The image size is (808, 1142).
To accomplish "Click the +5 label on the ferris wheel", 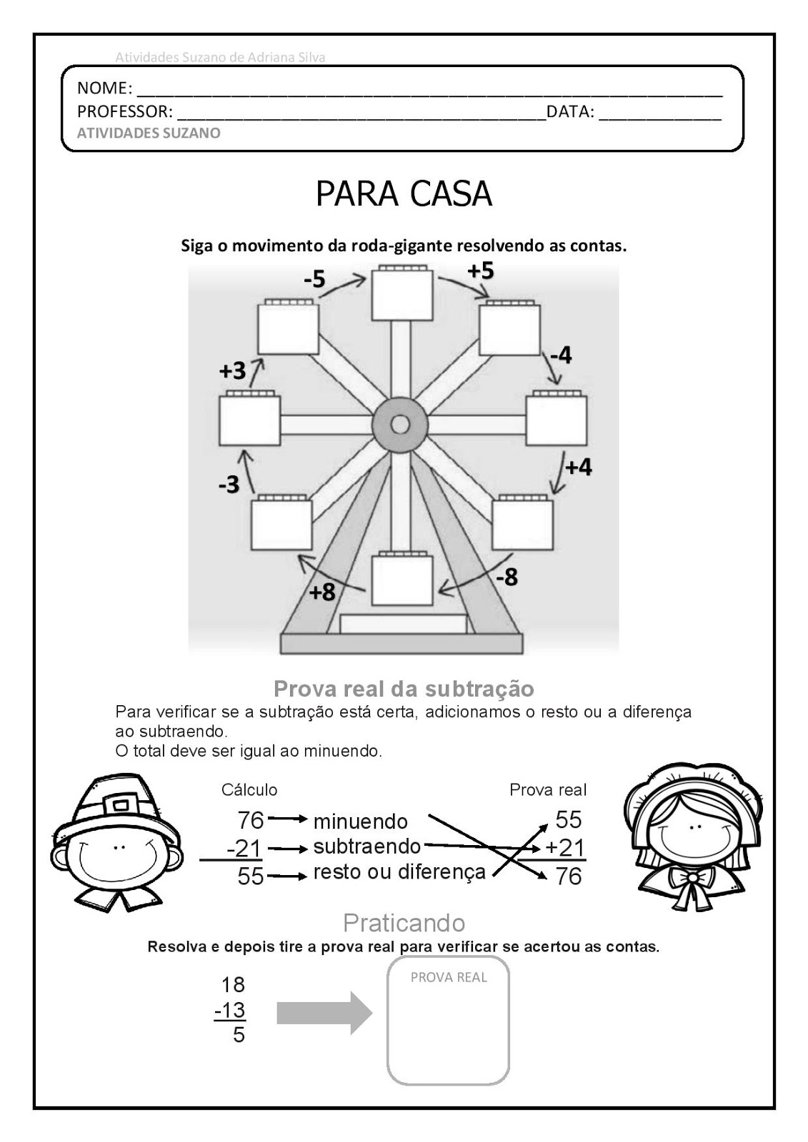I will pos(481,271).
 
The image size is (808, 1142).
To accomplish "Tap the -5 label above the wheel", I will pos(314,279).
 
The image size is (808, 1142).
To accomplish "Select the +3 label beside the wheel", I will pos(232,371).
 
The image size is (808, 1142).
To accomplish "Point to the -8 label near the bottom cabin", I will pos(507,577).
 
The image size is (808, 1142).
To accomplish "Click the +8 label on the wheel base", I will pos(322,592).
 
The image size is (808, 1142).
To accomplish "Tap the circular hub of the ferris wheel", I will pos(400,425).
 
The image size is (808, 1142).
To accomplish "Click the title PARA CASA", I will pos(404,194).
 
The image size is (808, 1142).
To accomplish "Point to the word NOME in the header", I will pos(104,89).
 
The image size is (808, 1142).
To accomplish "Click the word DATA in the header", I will pos(570,112).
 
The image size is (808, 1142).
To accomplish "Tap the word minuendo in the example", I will pos(360,822).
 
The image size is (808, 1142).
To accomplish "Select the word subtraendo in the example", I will pos(367,847).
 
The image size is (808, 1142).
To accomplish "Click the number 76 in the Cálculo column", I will pos(251,819).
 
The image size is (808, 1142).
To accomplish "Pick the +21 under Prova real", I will pos(565,848).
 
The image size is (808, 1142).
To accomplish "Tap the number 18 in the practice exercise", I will pos(233,985).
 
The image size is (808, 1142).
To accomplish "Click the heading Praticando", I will pos(404,923).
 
